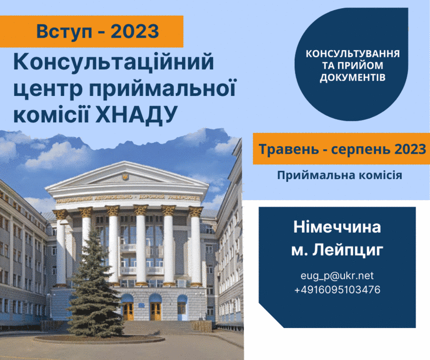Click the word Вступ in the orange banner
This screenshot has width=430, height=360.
coord(64,32)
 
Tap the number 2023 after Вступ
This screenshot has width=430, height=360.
coord(135,31)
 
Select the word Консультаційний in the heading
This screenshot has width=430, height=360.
coord(114,63)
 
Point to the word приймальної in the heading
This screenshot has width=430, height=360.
coord(162,89)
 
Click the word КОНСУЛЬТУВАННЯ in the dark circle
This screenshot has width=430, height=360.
coord(353,53)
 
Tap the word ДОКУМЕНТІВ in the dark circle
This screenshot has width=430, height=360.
coord(353,77)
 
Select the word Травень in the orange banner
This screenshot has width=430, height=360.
coord(289,149)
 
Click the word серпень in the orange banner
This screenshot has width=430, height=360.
coord(360,150)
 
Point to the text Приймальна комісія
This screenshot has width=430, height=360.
coord(340,175)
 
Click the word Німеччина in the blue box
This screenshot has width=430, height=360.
coord(337,227)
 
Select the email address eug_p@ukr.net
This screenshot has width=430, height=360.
coord(337,276)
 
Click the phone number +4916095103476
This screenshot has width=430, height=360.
coord(337,290)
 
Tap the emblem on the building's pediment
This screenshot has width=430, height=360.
coord(126,177)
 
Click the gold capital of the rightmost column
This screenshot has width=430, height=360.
coord(195,212)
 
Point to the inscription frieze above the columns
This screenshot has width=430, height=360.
coord(128,198)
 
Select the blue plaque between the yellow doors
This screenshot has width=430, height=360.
coord(141,306)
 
